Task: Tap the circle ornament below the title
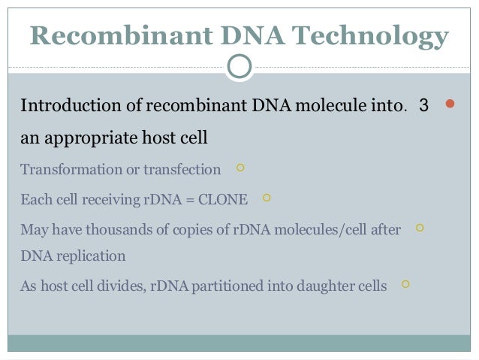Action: pyautogui.click(x=239, y=66)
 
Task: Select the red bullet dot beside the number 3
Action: pyautogui.click(x=450, y=105)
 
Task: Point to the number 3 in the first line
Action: pyautogui.click(x=423, y=106)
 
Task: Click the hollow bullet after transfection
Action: pyautogui.click(x=239, y=168)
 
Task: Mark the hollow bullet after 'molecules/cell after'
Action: pyautogui.click(x=419, y=226)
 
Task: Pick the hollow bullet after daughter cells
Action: pyautogui.click(x=405, y=284)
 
